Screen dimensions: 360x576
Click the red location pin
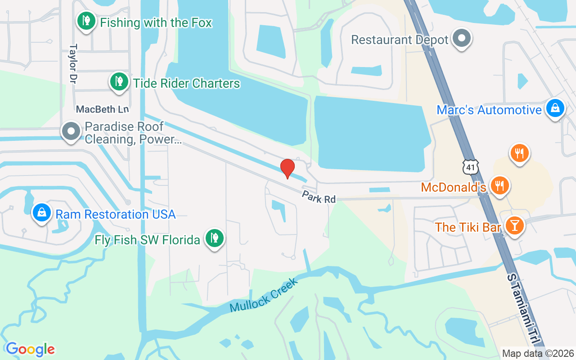click(x=288, y=168)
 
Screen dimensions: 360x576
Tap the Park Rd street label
click(x=319, y=197)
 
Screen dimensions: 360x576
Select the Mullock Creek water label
click(x=264, y=295)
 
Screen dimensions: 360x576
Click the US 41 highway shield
click(x=471, y=167)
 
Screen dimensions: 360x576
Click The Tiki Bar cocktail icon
click(x=514, y=225)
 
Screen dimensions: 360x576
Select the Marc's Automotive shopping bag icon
click(x=555, y=108)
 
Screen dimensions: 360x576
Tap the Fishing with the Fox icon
click(x=86, y=21)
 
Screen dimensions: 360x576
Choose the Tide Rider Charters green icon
click(x=119, y=82)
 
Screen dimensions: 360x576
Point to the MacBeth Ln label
click(x=103, y=109)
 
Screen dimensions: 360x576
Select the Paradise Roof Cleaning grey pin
click(x=71, y=131)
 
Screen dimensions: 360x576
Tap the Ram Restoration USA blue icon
click(x=42, y=212)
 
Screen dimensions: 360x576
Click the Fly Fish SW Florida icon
click(x=215, y=238)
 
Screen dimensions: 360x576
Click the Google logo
click(x=31, y=349)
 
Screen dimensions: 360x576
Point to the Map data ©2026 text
click(x=538, y=353)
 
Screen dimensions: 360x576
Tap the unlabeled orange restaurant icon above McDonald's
click(x=519, y=153)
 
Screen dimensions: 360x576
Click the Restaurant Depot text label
click(x=400, y=40)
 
